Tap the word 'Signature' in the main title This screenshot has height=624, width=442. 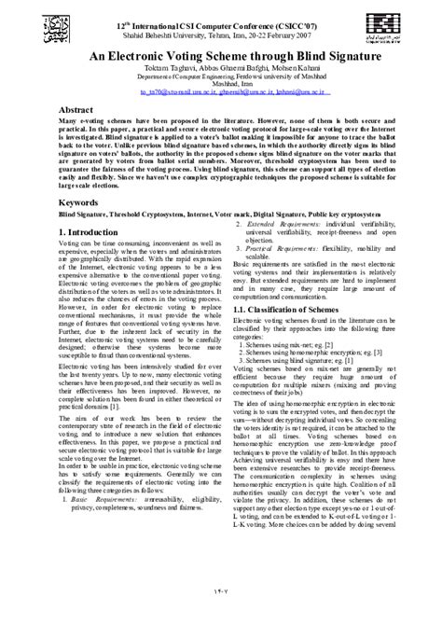click(x=349, y=56)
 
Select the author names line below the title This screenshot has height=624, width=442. click(x=221, y=69)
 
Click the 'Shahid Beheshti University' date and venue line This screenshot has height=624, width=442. click(x=220, y=29)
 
